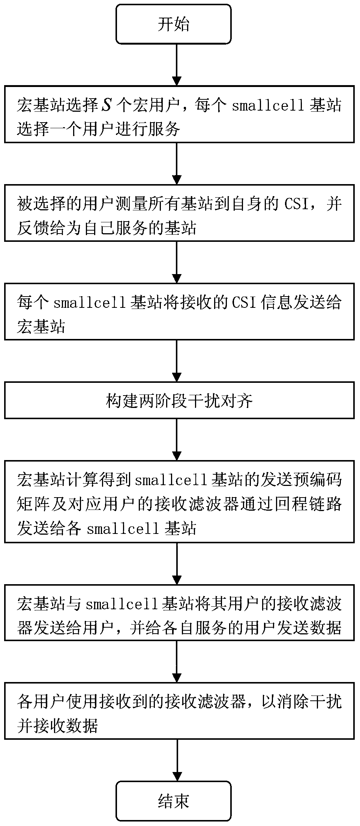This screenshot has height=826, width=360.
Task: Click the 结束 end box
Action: pyautogui.click(x=173, y=801)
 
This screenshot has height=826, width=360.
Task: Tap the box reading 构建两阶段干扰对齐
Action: pyautogui.click(x=179, y=400)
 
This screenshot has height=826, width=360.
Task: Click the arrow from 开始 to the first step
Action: pyautogui.click(x=177, y=65)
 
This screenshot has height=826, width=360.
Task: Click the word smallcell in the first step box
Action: pyautogui.click(x=268, y=106)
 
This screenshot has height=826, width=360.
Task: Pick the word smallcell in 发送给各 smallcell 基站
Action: pyautogui.click(x=123, y=529)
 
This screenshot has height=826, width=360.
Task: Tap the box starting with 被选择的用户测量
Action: pyautogui.click(x=179, y=213)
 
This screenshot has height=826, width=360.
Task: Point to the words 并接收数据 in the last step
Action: pyautogui.click(x=58, y=726)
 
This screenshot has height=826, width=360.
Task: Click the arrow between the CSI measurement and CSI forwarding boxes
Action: pyautogui.click(x=177, y=262)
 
